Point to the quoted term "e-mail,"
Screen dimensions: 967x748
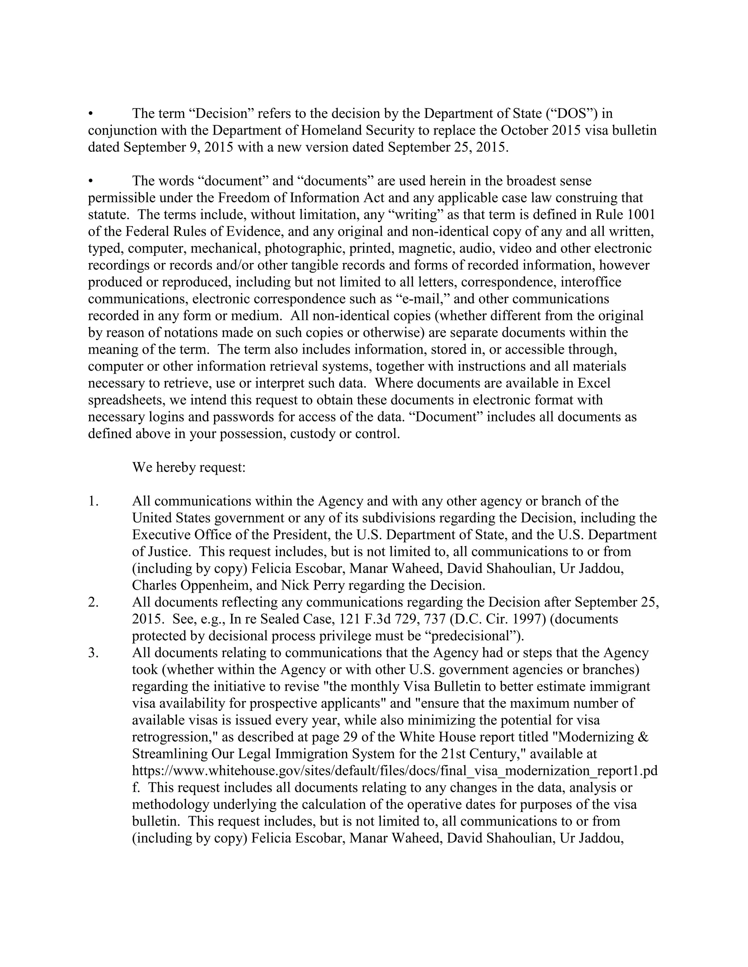tap(425, 299)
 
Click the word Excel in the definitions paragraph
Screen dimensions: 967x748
tap(593, 383)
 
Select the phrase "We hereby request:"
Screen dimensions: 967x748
tap(189, 467)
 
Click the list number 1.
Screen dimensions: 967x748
tap(93, 501)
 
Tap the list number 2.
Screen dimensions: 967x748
tap(93, 602)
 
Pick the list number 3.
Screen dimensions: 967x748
tap(93, 653)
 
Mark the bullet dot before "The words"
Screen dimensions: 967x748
tap(91, 181)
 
